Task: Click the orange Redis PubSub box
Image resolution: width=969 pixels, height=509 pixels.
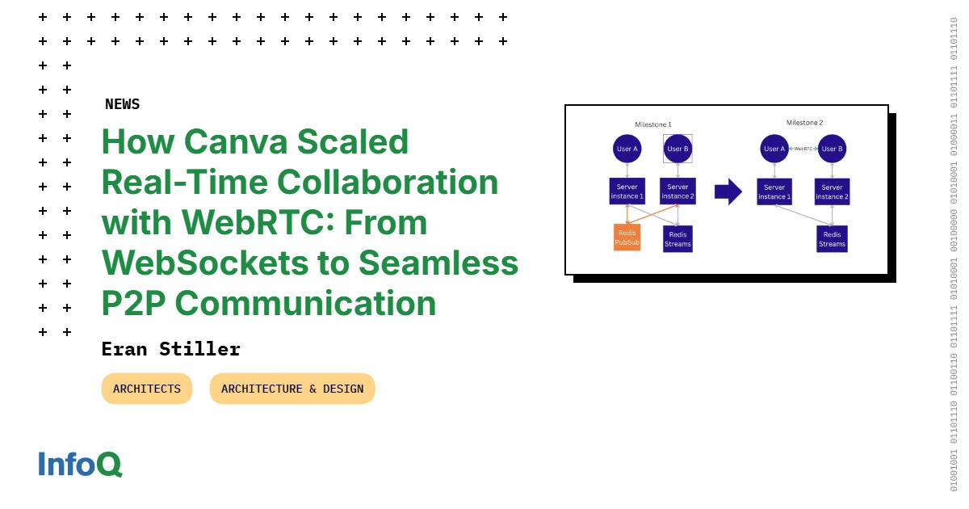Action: tap(627, 238)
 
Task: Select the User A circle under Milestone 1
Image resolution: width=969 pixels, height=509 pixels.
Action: tap(627, 149)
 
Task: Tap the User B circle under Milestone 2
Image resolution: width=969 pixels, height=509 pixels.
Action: tap(831, 149)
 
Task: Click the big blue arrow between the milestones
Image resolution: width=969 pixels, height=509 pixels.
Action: tap(728, 192)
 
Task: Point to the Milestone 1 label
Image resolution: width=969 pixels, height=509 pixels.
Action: tap(652, 124)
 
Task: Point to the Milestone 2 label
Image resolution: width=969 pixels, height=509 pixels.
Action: tap(804, 123)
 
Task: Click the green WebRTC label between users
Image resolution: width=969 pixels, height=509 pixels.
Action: tap(803, 149)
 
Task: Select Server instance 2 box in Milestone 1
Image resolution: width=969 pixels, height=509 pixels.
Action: tap(677, 191)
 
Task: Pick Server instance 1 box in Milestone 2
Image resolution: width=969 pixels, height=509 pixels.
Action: tap(774, 192)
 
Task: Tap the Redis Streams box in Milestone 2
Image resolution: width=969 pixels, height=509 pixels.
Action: tap(832, 239)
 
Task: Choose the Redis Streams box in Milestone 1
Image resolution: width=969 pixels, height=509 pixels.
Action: tap(677, 239)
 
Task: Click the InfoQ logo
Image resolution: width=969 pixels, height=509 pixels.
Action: tap(80, 465)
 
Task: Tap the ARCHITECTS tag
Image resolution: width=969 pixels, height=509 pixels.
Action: tap(147, 389)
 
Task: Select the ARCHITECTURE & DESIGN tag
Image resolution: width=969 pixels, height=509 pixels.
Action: tap(292, 389)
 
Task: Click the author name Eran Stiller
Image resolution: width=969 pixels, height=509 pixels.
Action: tap(171, 349)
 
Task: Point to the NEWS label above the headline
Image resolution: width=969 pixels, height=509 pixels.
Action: tap(122, 104)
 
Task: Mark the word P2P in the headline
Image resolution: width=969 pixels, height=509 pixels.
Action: tap(133, 304)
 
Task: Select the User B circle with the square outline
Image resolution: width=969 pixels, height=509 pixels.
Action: tap(677, 149)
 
